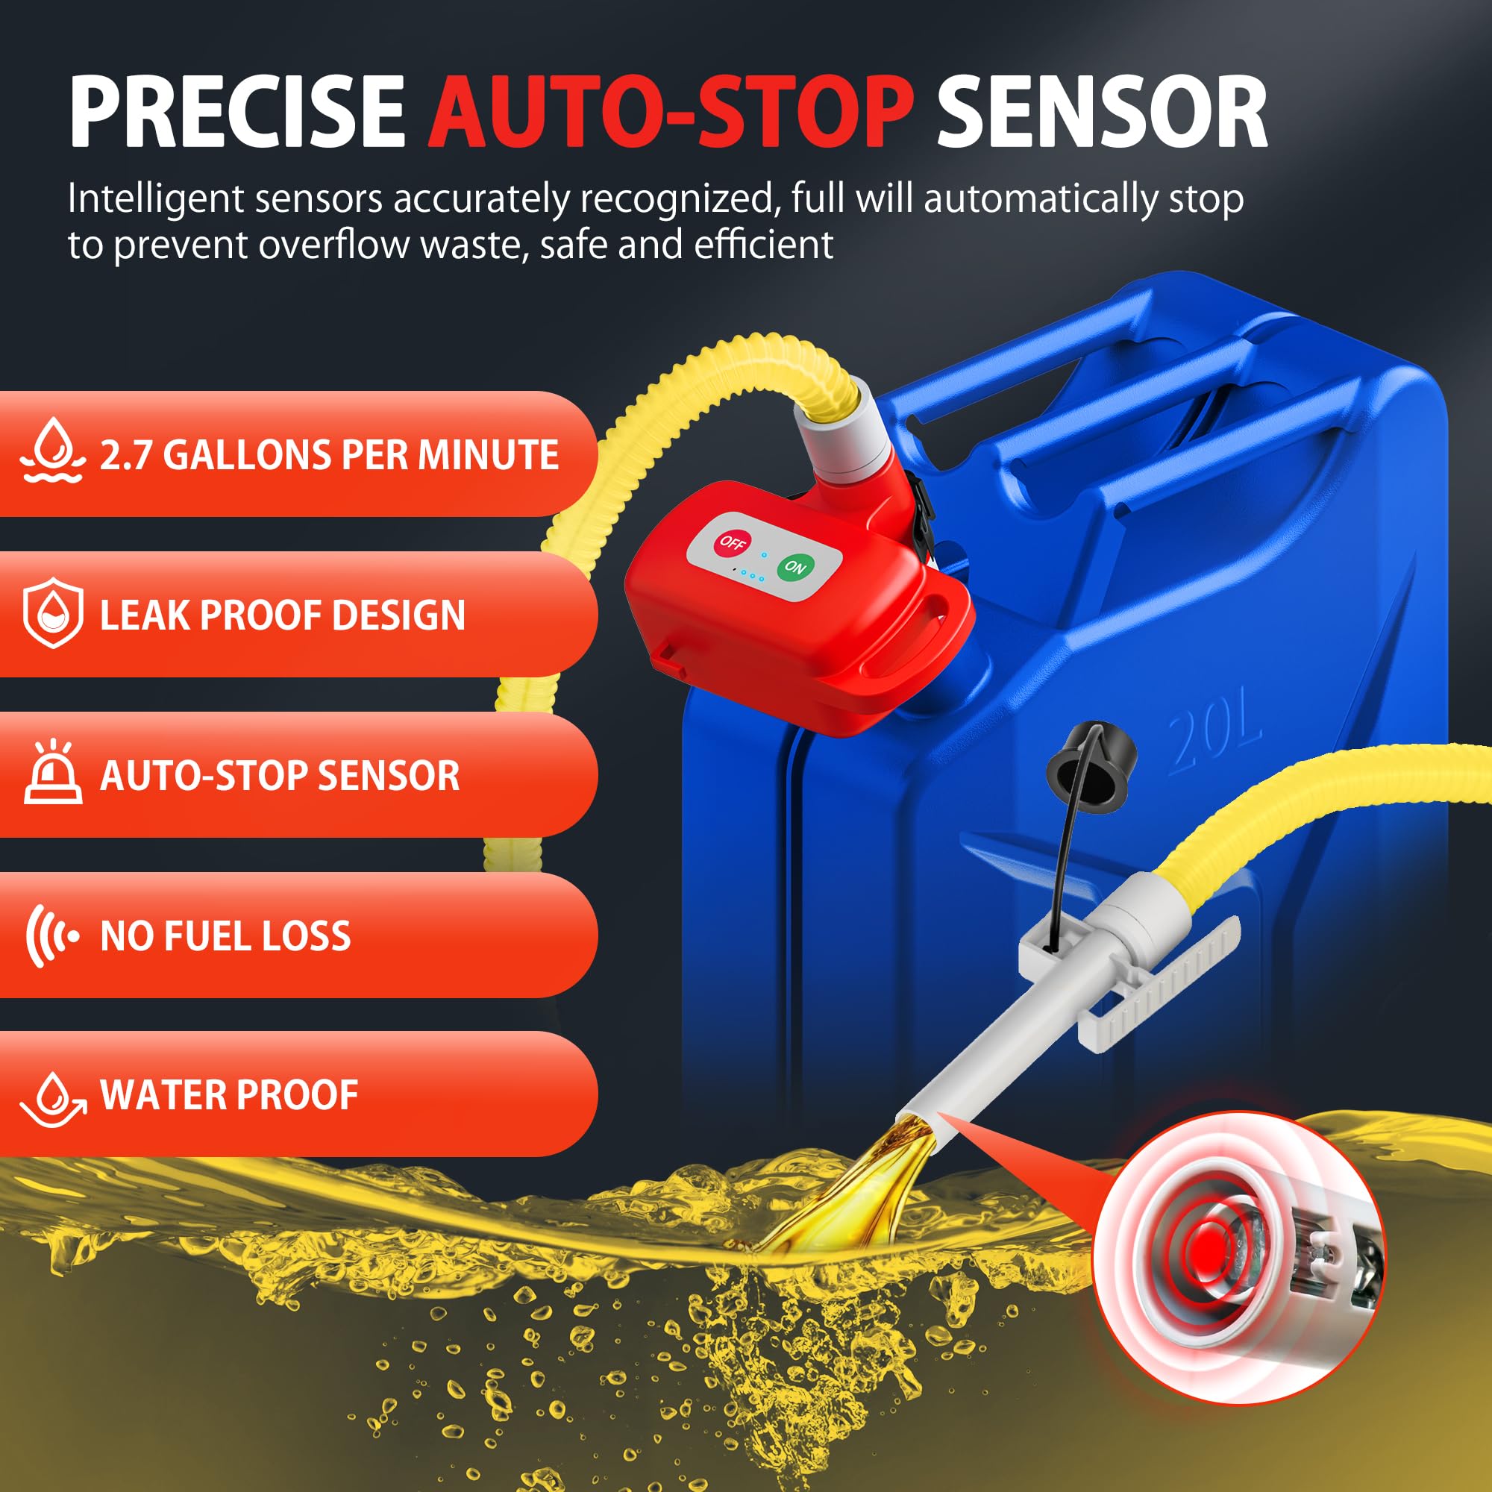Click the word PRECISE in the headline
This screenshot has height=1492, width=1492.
click(x=237, y=111)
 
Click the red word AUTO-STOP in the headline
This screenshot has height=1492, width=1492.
click(x=671, y=111)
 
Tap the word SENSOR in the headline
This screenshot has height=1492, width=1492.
click(x=1102, y=111)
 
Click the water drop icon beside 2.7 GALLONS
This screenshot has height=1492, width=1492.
click(x=52, y=451)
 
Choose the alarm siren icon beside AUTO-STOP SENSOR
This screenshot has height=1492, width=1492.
click(x=52, y=772)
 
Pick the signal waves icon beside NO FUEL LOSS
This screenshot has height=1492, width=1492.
click(x=51, y=936)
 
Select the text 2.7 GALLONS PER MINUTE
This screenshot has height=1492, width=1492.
click(x=329, y=454)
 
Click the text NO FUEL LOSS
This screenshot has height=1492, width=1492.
click(x=225, y=936)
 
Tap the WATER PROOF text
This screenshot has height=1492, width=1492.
click(x=229, y=1095)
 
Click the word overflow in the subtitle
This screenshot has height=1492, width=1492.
click(x=334, y=245)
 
